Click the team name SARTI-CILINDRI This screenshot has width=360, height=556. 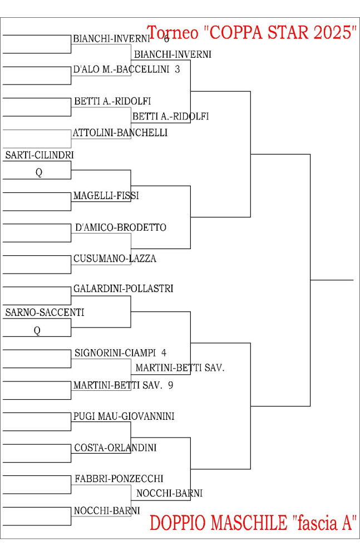40,155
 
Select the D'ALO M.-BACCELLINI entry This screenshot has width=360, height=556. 121,69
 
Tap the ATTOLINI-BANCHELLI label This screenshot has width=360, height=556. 120,133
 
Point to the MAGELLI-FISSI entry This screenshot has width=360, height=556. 106,195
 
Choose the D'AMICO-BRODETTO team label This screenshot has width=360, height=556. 121,227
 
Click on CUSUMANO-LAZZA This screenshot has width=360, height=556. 115,259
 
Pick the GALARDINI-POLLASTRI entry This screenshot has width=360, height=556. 123,289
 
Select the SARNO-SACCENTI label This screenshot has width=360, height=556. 45,312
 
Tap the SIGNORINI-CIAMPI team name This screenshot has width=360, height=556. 115,353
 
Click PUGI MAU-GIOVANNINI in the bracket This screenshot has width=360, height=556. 124,416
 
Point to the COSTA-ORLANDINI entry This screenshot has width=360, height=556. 115,448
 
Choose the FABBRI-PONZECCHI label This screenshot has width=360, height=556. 119,479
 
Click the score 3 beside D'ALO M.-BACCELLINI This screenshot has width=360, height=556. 177,69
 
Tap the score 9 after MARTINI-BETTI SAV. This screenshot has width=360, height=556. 170,385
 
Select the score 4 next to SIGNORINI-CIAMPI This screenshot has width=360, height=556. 164,353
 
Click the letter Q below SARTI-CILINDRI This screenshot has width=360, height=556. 39,172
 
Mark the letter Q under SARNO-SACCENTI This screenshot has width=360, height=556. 37,330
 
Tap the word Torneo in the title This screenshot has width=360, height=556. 172,33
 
